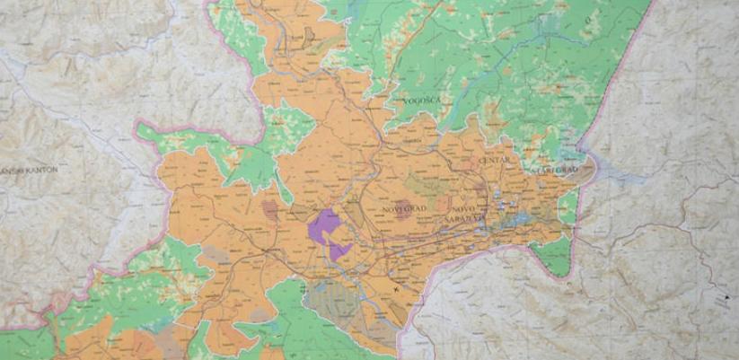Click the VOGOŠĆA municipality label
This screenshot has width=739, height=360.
tap(424, 101)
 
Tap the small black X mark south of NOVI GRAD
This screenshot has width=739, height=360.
tap(395, 289)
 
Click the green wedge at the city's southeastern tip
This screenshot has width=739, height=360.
tap(553, 255)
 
